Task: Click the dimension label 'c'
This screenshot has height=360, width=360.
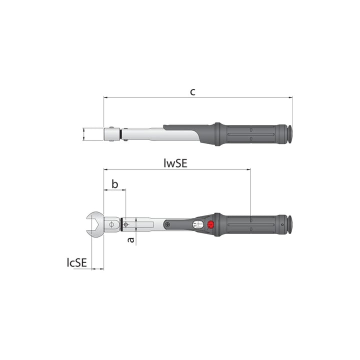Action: pos(192,91)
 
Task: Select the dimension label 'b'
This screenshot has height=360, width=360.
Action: pos(114,184)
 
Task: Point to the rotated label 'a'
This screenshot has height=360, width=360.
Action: pos(130,240)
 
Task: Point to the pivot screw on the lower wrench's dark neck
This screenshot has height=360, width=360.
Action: pos(167,225)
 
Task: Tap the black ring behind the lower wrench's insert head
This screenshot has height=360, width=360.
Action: pos(121,224)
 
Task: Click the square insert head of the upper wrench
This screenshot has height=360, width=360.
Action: pos(110,134)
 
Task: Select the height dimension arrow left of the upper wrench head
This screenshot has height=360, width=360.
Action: pos(84,134)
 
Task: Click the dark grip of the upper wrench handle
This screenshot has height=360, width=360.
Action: pos(250,134)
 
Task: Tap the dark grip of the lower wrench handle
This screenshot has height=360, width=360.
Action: pos(250,224)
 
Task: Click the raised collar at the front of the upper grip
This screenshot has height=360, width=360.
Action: pos(217,134)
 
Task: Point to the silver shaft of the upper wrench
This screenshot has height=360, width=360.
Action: pos(145,133)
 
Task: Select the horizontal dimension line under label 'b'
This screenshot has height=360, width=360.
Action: pos(114,190)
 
